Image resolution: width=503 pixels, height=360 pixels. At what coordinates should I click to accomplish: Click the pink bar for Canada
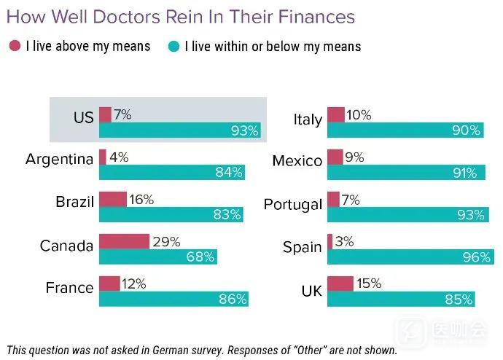click(x=124, y=241)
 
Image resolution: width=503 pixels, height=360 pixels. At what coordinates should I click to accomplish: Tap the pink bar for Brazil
click(x=112, y=199)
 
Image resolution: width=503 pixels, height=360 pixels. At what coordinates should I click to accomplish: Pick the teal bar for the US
click(x=179, y=131)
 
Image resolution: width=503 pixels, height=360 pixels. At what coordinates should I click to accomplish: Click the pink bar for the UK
click(x=340, y=283)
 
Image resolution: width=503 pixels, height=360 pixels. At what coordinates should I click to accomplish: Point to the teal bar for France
click(x=173, y=299)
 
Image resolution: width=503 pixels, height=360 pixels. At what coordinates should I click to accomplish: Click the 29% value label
click(x=166, y=241)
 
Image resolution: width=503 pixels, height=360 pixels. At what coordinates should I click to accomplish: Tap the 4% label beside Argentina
click(x=118, y=157)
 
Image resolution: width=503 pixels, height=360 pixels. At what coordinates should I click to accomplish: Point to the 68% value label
click(x=200, y=257)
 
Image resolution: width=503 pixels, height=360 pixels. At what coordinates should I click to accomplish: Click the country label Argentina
click(x=59, y=159)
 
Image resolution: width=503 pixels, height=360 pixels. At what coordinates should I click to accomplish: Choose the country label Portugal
click(x=292, y=204)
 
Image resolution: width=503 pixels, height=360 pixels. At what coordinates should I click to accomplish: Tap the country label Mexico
click(x=297, y=161)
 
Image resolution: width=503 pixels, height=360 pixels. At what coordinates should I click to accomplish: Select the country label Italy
click(x=307, y=119)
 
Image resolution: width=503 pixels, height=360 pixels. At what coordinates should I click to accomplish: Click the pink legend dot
click(x=15, y=46)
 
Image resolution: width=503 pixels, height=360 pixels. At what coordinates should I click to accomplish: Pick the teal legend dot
click(x=173, y=46)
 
